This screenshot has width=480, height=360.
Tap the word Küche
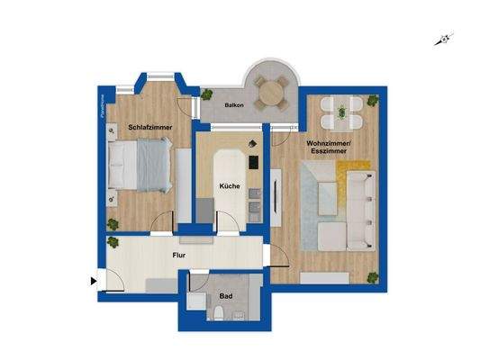point(229,186)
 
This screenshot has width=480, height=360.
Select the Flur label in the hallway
point(179,255)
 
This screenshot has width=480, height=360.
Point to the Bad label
point(224,296)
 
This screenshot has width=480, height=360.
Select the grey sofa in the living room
point(359,210)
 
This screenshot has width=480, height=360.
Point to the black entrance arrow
point(94,280)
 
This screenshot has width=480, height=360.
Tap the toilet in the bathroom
point(221,314)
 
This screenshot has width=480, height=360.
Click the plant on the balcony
point(206,93)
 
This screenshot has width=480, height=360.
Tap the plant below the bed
point(113,223)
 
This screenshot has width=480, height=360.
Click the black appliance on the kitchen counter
point(255,162)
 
